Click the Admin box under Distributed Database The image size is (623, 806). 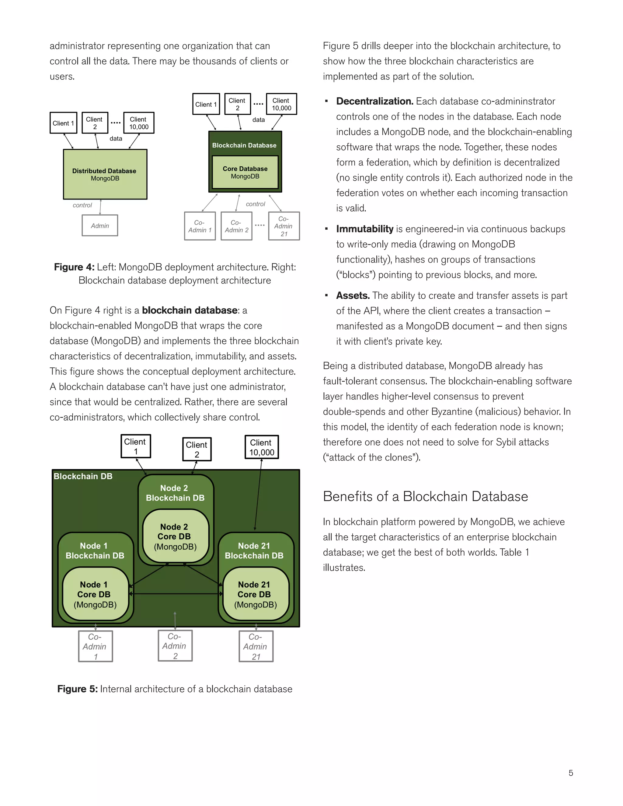[x=100, y=225]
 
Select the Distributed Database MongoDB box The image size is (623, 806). [x=105, y=175]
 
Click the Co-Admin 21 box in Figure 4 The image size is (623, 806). [x=284, y=226]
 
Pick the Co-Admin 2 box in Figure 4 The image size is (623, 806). [x=236, y=226]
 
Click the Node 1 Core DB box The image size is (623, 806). [x=95, y=594]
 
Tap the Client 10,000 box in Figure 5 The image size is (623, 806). [x=261, y=447]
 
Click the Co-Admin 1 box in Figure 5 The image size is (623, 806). [x=95, y=646]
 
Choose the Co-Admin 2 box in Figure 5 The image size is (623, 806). [x=175, y=645]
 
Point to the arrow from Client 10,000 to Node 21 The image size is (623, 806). [x=258, y=495]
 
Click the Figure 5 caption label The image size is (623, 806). [x=78, y=689]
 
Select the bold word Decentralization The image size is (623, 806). [x=374, y=101]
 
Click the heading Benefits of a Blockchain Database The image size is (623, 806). [x=425, y=496]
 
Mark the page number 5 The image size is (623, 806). [x=571, y=773]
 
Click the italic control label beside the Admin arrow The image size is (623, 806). [x=82, y=205]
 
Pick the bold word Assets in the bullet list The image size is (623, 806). [x=353, y=296]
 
